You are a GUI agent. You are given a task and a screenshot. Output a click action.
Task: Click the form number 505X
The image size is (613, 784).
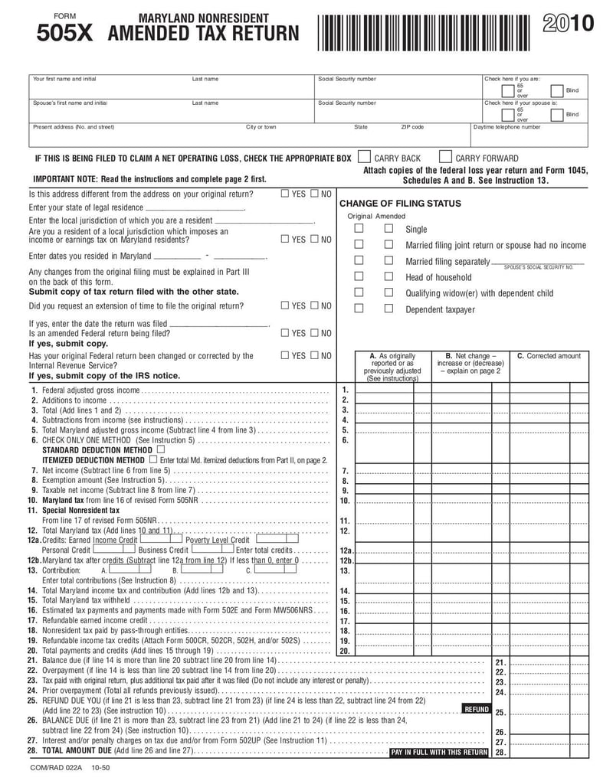click(64, 34)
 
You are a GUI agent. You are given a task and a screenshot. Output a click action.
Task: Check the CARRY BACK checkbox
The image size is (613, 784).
click(365, 157)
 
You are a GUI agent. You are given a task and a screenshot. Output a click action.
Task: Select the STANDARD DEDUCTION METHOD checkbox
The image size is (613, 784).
click(159, 450)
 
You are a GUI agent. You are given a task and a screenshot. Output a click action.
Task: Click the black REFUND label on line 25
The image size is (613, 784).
click(476, 710)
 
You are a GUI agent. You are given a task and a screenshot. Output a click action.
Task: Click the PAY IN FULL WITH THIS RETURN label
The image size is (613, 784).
click(438, 753)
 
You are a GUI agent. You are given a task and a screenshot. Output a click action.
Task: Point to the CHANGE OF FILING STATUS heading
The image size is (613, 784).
click(400, 204)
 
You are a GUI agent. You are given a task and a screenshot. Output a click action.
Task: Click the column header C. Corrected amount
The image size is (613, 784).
click(549, 356)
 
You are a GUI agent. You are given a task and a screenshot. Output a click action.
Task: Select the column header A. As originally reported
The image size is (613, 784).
click(392, 366)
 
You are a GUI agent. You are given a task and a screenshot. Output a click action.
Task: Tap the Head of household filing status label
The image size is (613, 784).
click(438, 277)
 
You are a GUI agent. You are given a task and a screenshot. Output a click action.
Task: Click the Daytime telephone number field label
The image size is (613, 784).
click(506, 127)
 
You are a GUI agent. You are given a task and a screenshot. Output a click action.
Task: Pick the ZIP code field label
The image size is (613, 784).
click(412, 127)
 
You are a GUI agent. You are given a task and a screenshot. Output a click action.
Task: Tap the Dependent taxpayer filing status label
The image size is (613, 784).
click(440, 309)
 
